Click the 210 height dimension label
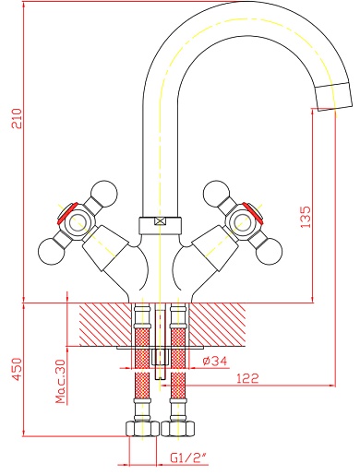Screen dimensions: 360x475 [17, 118]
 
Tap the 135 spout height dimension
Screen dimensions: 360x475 [306, 217]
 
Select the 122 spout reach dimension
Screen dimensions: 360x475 [247, 378]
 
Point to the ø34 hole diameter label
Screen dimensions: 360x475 [215, 361]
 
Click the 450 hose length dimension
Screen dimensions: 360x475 [17, 369]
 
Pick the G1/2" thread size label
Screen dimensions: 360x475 [188, 458]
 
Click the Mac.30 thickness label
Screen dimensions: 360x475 [61, 381]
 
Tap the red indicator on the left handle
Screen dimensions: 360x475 [67, 213]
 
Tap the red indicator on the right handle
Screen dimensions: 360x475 [253, 213]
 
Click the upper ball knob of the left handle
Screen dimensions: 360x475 [105, 193]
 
